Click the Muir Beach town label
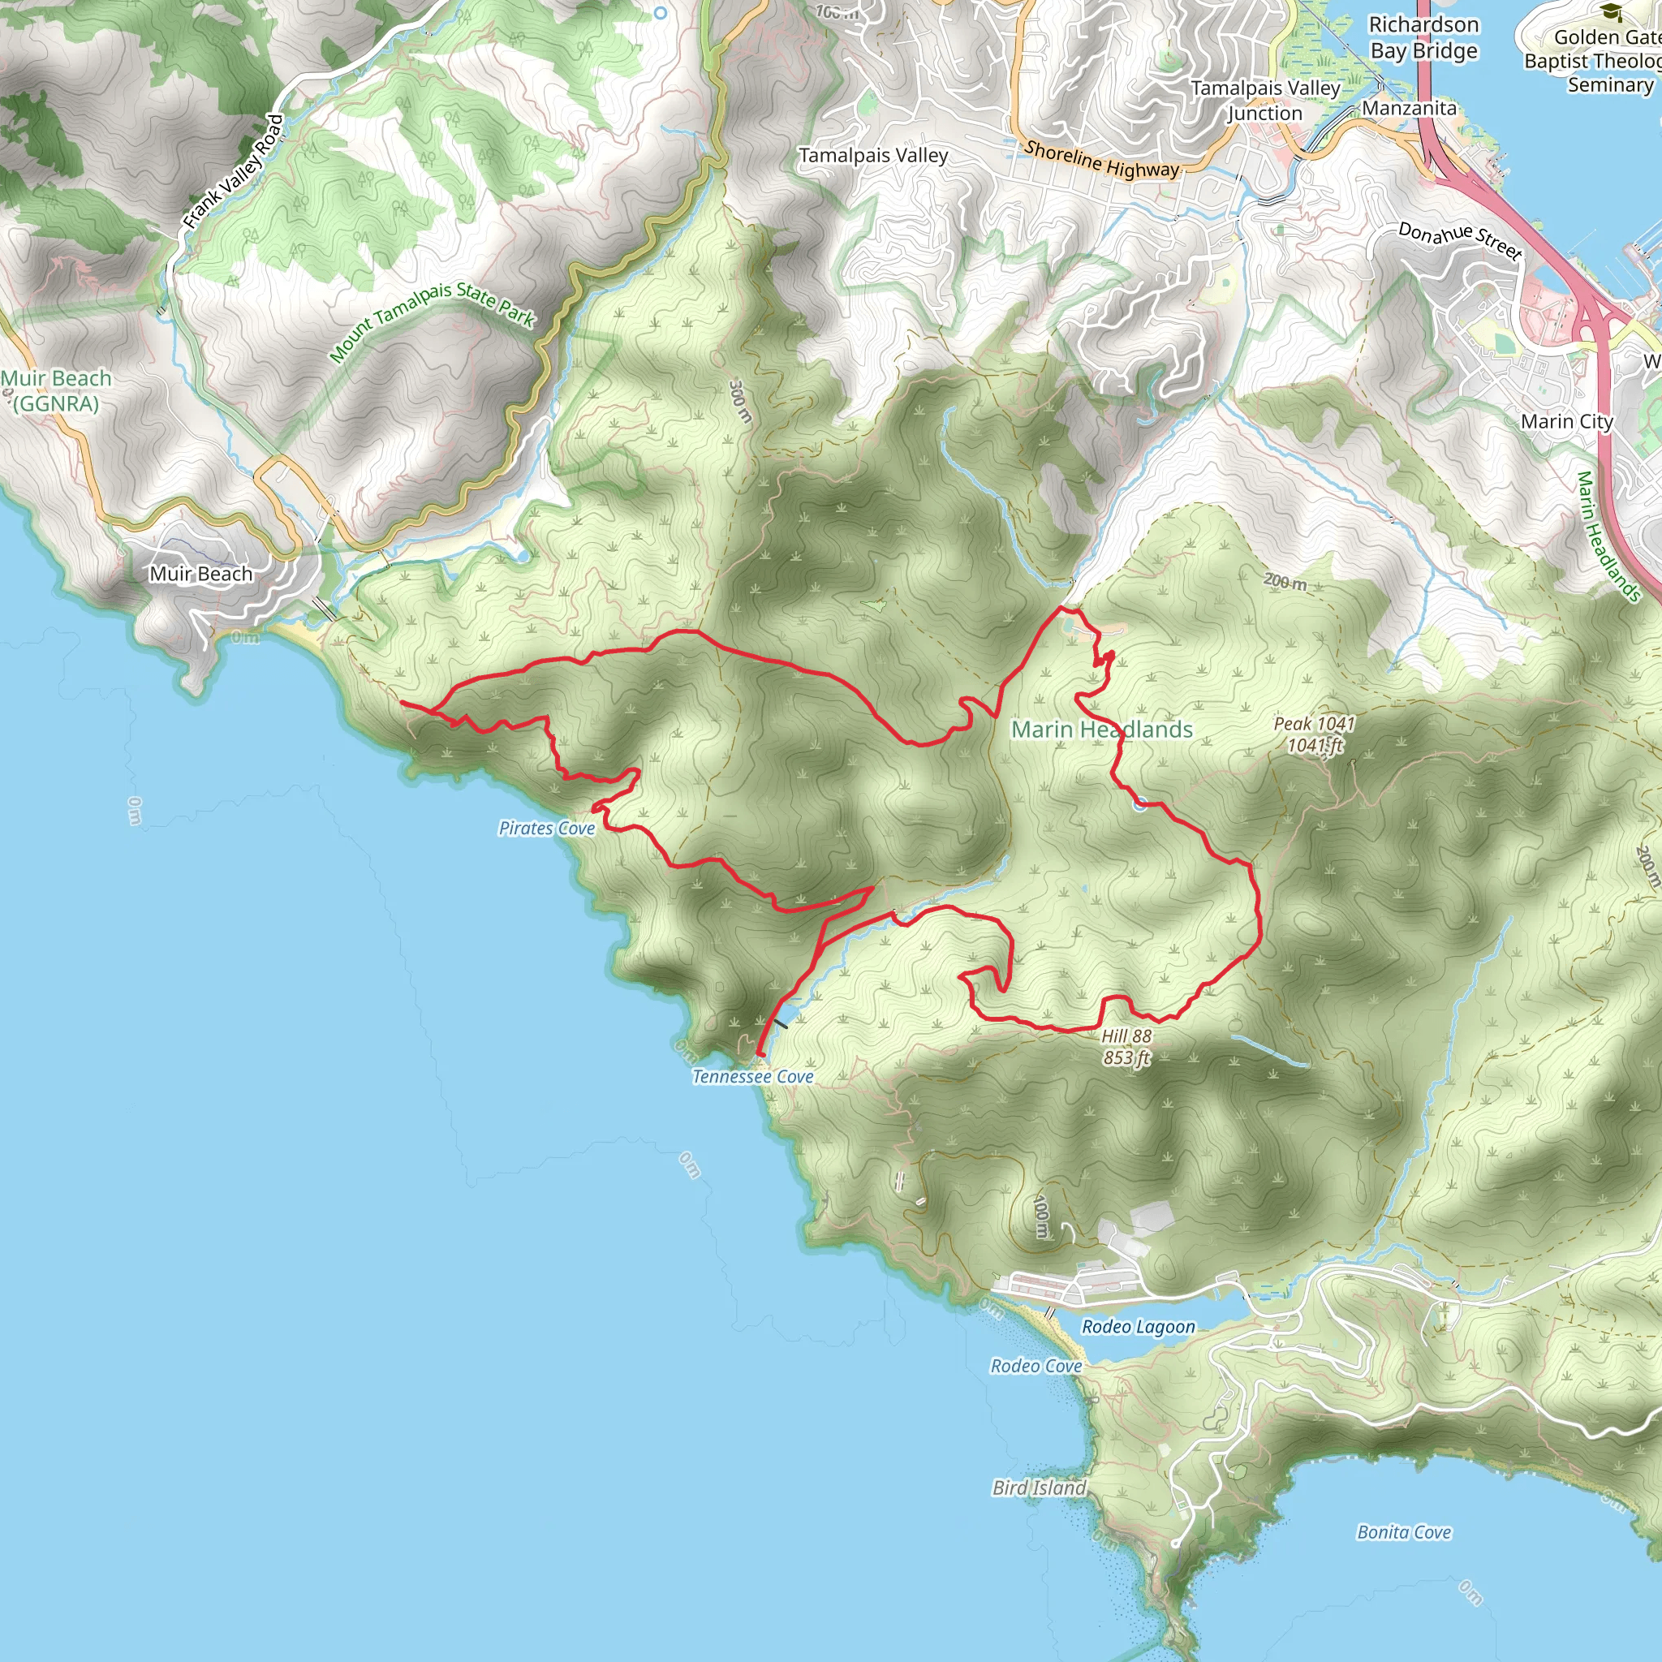[x=201, y=574]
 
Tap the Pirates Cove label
[x=547, y=828]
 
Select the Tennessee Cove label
[x=753, y=1076]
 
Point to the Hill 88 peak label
[x=1126, y=1047]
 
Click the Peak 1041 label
[x=1314, y=734]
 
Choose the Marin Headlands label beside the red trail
[x=1101, y=730]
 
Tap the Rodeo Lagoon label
[x=1138, y=1327]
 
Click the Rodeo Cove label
[x=1036, y=1366]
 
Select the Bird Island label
[x=1040, y=1488]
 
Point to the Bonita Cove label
[x=1404, y=1532]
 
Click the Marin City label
[x=1566, y=421]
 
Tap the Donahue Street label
[x=1460, y=240]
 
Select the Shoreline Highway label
[x=1101, y=159]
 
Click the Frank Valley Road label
[x=233, y=172]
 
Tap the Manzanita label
[x=1409, y=109]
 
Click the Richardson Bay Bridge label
[x=1423, y=38]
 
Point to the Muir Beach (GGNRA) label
[x=56, y=390]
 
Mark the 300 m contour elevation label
[x=740, y=401]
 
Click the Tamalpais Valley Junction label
[x=1264, y=101]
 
